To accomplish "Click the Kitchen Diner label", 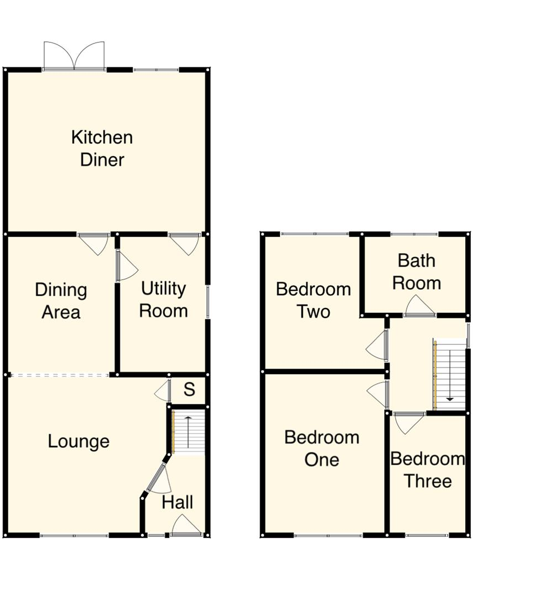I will [102, 148].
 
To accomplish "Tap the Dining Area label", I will [61, 301].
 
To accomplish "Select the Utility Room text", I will [163, 300].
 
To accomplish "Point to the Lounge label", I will [78, 441].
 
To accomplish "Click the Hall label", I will [178, 502].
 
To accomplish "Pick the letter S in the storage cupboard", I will [189, 390].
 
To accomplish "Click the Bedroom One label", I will [322, 449].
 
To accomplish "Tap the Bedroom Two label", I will [313, 300].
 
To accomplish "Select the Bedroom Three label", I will [428, 470].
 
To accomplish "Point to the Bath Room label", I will [417, 272].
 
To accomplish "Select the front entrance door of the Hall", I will [186, 527].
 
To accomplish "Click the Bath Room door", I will [419, 307].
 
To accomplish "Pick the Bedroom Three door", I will [408, 422].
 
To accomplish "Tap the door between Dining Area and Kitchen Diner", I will [94, 243].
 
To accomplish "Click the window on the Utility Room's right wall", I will [208, 302].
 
